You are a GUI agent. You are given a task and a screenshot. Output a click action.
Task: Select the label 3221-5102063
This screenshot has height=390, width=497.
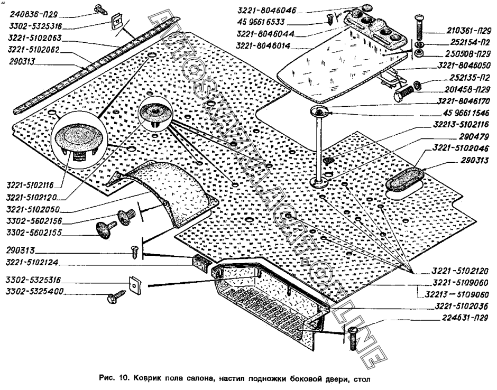(35, 39)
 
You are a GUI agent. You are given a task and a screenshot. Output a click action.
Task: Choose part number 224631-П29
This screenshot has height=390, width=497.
(461, 317)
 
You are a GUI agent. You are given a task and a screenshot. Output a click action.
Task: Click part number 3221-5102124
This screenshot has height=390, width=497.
(35, 263)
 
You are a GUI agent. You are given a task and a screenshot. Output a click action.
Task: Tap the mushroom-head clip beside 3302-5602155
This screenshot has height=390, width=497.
(104, 228)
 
